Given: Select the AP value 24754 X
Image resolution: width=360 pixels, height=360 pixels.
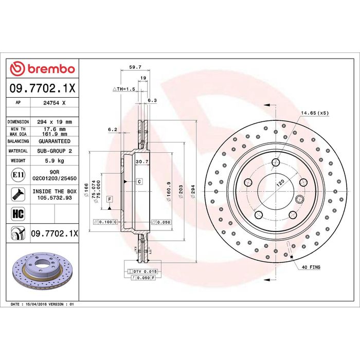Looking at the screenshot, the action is (55, 103).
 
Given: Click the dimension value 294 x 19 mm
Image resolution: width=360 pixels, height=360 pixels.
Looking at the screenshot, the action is (55, 122).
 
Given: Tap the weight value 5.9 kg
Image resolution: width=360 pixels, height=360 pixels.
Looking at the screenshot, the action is (55, 160).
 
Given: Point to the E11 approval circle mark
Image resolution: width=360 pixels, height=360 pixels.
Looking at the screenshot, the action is (18, 175).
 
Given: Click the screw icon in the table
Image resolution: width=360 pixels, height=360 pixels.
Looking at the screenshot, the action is (18, 194).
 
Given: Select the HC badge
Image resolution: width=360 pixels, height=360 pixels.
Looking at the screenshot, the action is (18, 213).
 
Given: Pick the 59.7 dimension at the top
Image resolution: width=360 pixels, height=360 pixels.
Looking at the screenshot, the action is (135, 67).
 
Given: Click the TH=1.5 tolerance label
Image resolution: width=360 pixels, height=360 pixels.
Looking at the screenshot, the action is (124, 89).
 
